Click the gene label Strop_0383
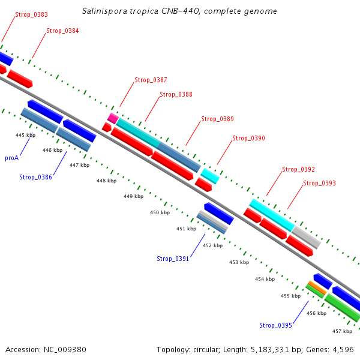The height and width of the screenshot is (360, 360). click(32, 14)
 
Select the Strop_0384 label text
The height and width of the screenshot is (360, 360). click(62, 31)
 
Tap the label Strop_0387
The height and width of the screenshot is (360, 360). click(151, 80)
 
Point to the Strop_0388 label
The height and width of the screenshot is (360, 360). click(176, 94)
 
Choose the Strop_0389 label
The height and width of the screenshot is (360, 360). click(217, 119)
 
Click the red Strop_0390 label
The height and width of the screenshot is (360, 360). click(248, 138)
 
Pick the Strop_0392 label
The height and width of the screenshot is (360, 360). click(298, 170)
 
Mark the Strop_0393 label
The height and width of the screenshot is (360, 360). click(319, 183)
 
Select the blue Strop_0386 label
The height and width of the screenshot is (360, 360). click(35, 177)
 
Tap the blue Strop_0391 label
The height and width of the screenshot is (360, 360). click(173, 259)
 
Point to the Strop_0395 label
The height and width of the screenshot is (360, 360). click(275, 325)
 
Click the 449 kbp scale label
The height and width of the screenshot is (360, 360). click(133, 196)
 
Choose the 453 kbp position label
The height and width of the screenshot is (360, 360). click(239, 262)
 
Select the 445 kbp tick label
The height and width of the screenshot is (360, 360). click(25, 135)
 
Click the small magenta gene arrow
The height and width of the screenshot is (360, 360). click(112, 117)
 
